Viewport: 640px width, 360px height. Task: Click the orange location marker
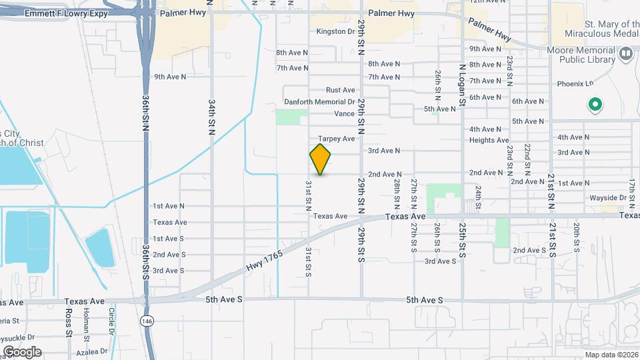click(x=321, y=159)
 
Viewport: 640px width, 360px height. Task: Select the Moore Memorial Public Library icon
click(x=625, y=53)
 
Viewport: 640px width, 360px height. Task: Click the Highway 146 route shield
click(x=146, y=321)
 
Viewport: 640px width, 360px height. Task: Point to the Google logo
click(x=22, y=351)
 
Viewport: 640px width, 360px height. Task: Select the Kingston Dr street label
click(x=335, y=31)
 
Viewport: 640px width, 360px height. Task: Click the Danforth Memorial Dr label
click(x=319, y=102)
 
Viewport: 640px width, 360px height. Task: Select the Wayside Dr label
click(x=608, y=198)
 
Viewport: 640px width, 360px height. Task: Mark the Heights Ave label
click(x=489, y=140)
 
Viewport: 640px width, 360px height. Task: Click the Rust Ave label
click(x=340, y=90)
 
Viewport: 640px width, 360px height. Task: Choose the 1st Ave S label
click(x=168, y=239)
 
